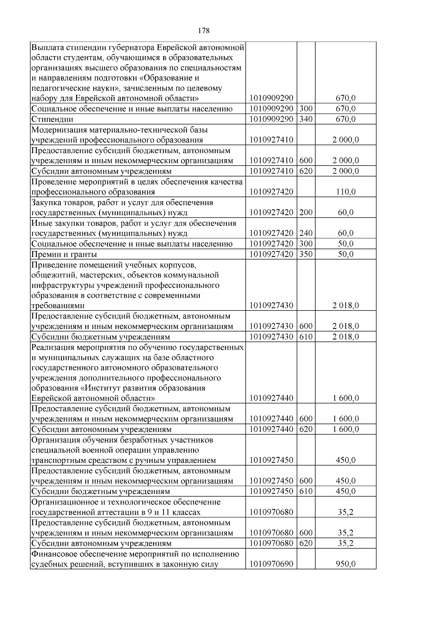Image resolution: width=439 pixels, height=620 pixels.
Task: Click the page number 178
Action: (204, 31)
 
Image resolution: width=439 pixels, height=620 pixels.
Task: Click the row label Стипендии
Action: (52, 119)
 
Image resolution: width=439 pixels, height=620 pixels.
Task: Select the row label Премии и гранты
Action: (64, 254)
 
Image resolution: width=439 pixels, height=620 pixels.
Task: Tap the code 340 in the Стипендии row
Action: (306, 119)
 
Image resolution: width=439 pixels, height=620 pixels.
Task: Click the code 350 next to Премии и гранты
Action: (306, 254)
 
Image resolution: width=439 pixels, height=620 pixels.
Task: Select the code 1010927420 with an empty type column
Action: (271, 192)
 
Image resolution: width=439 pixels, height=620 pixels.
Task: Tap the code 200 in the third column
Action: (306, 213)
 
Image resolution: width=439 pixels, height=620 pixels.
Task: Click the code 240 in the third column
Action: (306, 233)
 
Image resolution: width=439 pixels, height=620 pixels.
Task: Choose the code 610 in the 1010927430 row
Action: (306, 336)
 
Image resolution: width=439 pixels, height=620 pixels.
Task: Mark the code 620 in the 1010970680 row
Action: (306, 543)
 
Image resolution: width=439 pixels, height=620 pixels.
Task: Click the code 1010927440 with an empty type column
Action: (271, 398)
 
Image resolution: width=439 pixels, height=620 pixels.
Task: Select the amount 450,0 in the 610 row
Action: (346, 491)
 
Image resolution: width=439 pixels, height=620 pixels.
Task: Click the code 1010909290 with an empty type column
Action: (271, 98)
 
